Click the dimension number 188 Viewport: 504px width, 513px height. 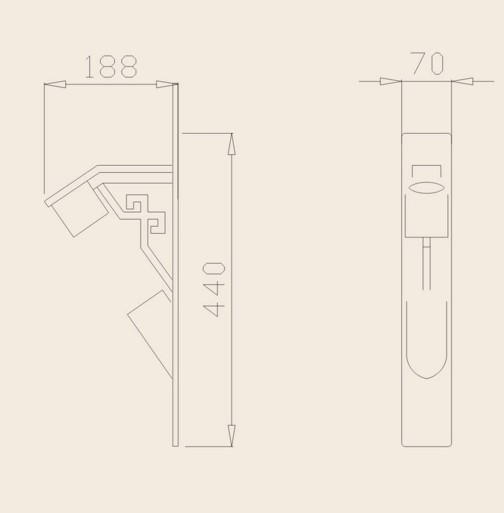[x=111, y=67]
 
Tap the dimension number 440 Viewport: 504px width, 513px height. [x=214, y=289]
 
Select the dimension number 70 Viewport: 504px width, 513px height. [x=428, y=63]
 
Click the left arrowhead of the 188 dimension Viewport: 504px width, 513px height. [x=55, y=85]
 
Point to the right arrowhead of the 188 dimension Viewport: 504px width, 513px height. [x=167, y=85]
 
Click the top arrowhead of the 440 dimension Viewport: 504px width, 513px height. [x=231, y=144]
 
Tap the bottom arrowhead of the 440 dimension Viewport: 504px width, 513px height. [x=231, y=435]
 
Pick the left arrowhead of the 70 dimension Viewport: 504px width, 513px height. [x=391, y=81]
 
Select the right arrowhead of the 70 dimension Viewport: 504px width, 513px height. [x=462, y=81]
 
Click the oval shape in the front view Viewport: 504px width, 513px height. [x=426, y=187]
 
